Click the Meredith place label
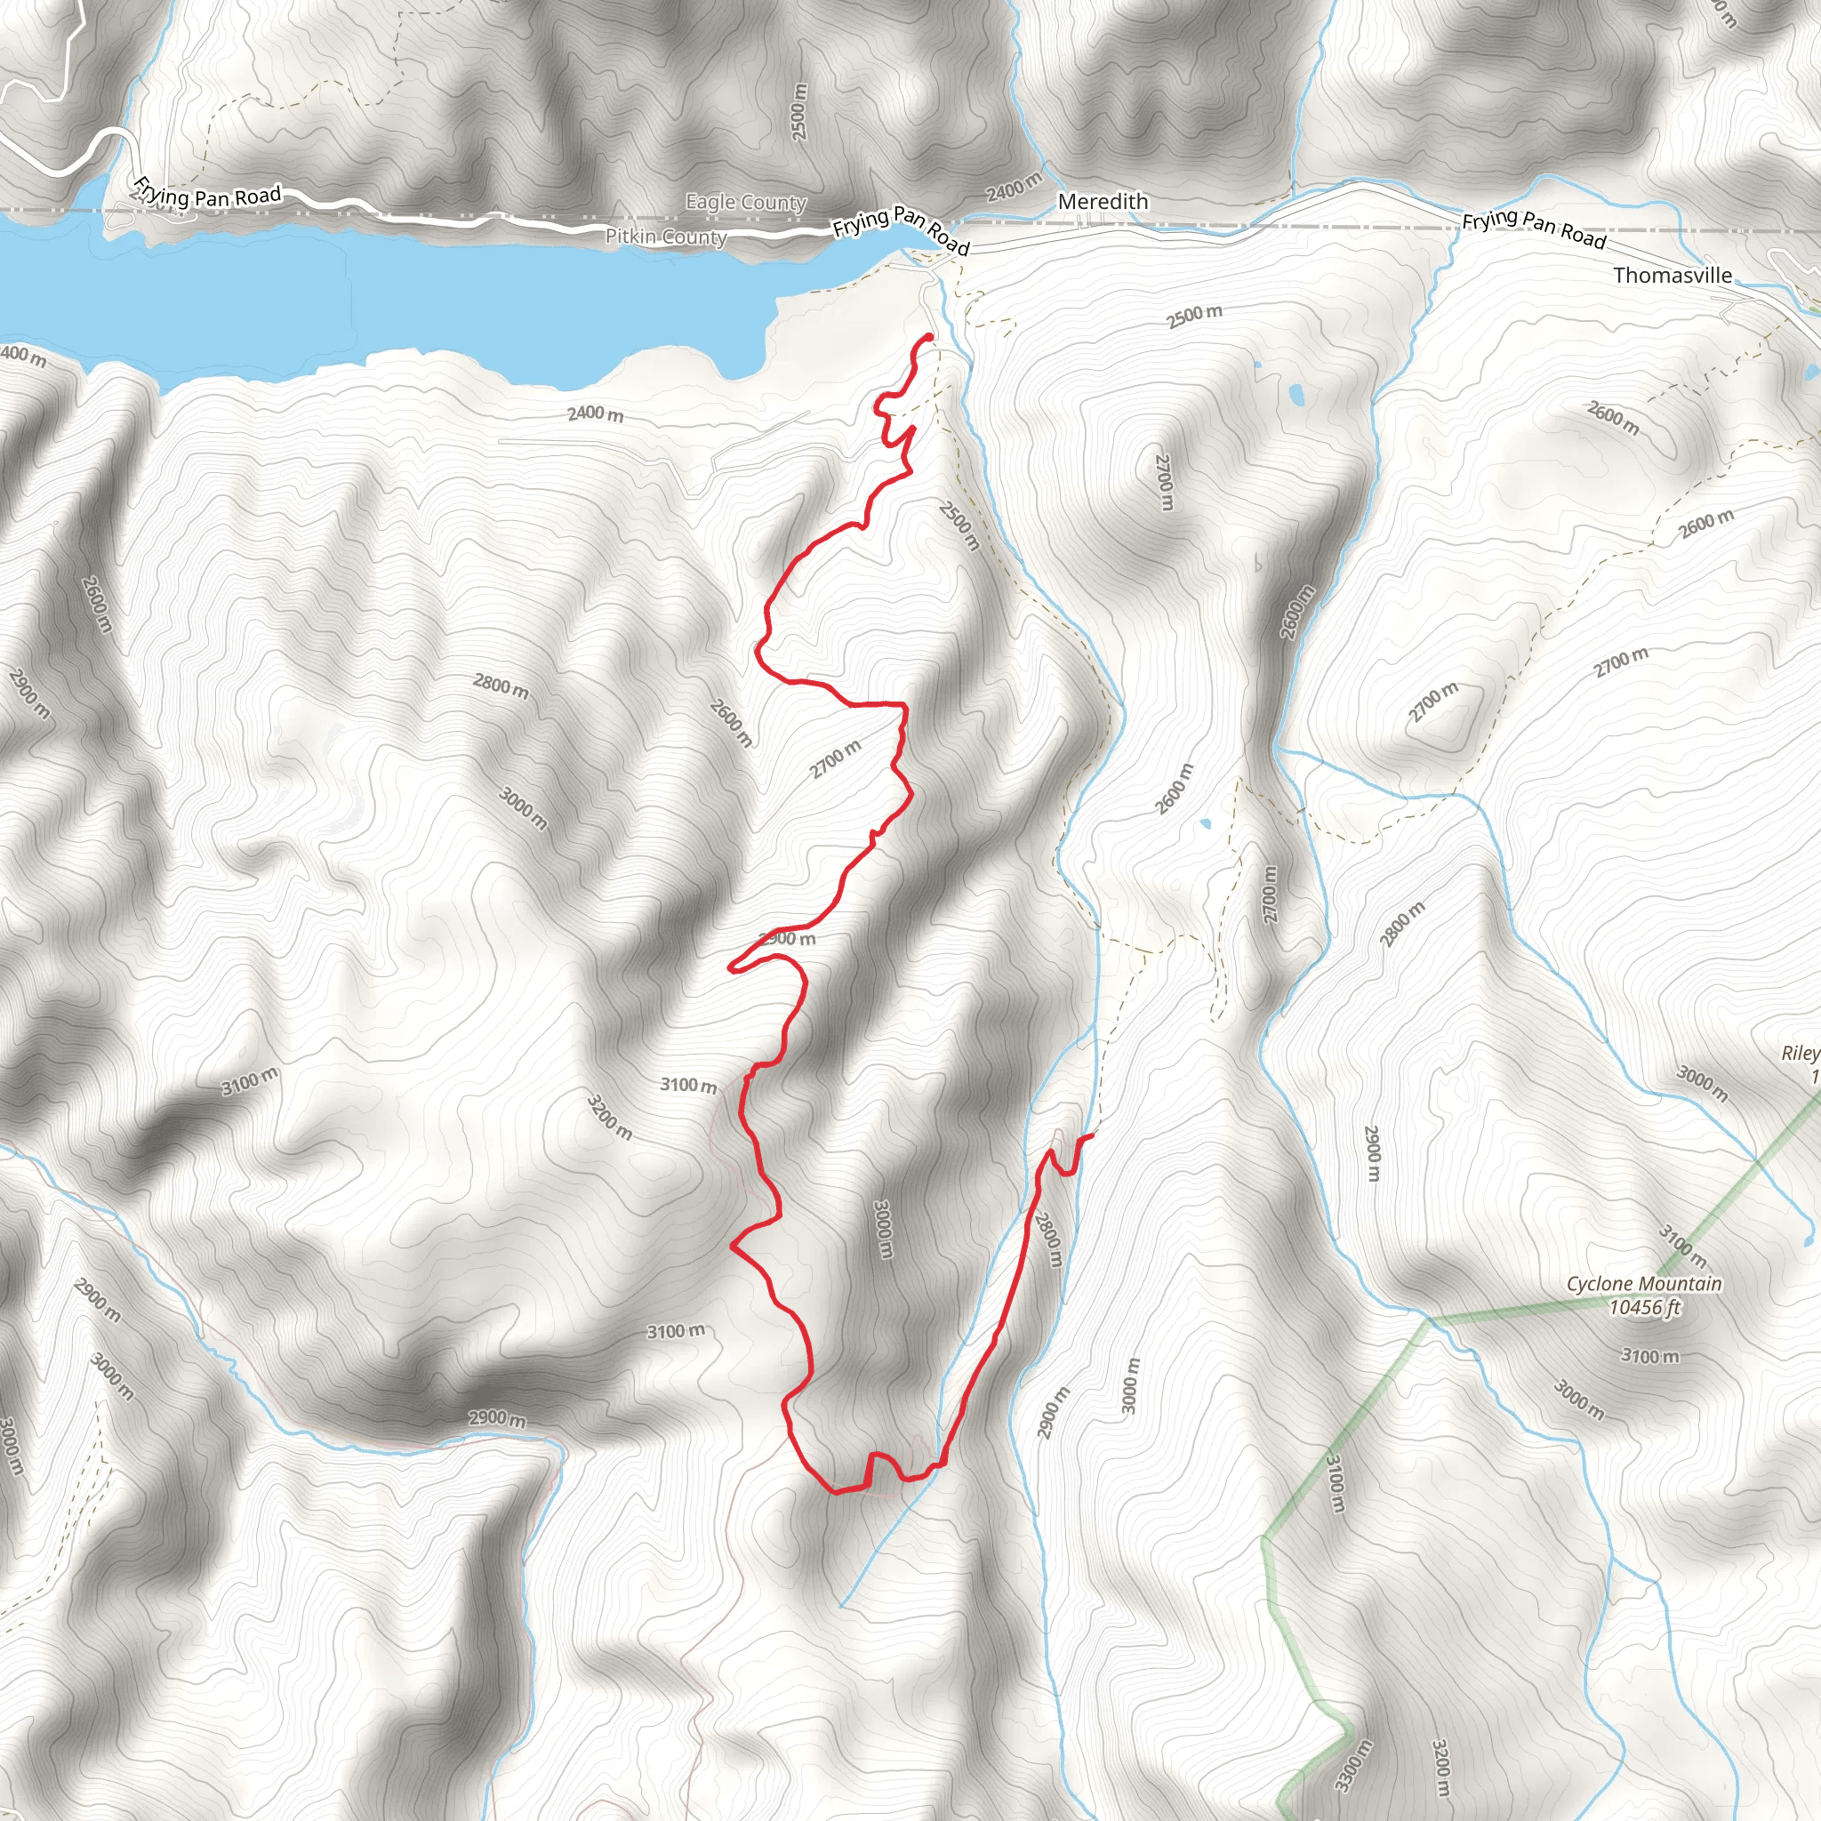(1103, 202)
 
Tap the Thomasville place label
(1673, 276)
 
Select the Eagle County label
(745, 202)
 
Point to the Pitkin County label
(665, 237)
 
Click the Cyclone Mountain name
(1644, 1284)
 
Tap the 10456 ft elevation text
(1644, 1306)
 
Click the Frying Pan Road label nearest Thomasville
(1534, 229)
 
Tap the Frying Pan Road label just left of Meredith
(900, 230)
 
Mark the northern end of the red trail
(930, 336)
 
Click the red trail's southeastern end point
(1092, 1136)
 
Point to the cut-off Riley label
(1801, 1054)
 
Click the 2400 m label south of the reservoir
(595, 413)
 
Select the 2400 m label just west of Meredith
(1014, 187)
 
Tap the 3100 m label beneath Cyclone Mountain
(1649, 1356)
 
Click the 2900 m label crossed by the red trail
(788, 939)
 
